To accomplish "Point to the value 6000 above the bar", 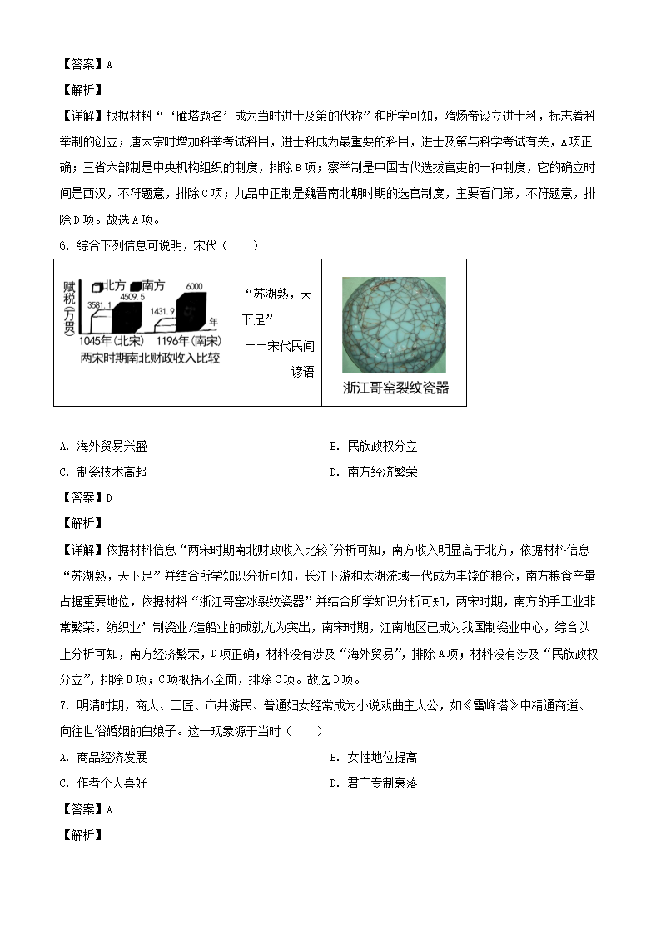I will click(x=194, y=285).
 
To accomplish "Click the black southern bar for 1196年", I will click(x=194, y=309).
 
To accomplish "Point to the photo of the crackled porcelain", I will click(x=394, y=324).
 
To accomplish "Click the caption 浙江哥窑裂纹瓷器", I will click(x=395, y=388).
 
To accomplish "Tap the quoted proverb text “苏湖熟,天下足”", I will click(x=278, y=307).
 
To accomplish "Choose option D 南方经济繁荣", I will click(x=374, y=472).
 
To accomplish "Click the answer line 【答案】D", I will click(x=87, y=497).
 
